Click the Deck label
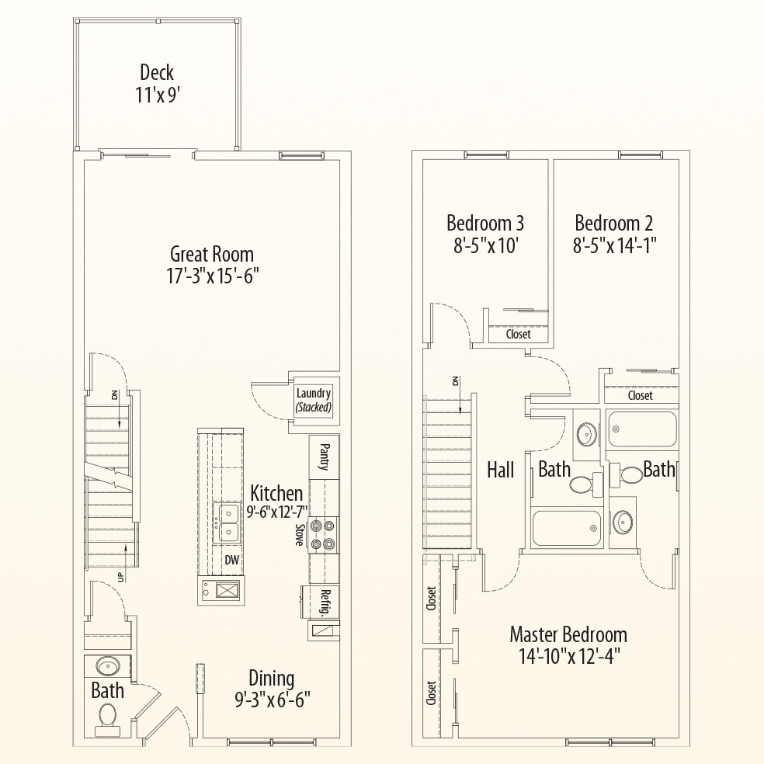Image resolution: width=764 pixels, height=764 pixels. (156, 73)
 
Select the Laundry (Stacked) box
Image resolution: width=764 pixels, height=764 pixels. (314, 400)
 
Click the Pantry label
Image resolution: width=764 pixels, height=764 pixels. (324, 457)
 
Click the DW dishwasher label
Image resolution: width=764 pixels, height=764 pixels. (231, 559)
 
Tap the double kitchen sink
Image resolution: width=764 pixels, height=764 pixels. (227, 522)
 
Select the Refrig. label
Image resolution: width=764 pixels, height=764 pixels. (325, 603)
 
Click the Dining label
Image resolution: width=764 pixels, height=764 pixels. (271, 677)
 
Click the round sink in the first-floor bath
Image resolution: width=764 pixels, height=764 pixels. (107, 667)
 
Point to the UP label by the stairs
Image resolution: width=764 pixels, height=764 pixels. (120, 575)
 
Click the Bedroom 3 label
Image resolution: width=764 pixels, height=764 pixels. (485, 224)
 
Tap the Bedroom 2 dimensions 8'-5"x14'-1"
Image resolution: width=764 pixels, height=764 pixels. (615, 246)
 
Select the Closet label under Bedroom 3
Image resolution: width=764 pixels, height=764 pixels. (519, 335)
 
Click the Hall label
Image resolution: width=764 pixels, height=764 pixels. (501, 469)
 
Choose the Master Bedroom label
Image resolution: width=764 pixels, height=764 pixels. (568, 634)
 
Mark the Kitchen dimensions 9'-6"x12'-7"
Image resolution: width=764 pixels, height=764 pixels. (277, 511)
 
